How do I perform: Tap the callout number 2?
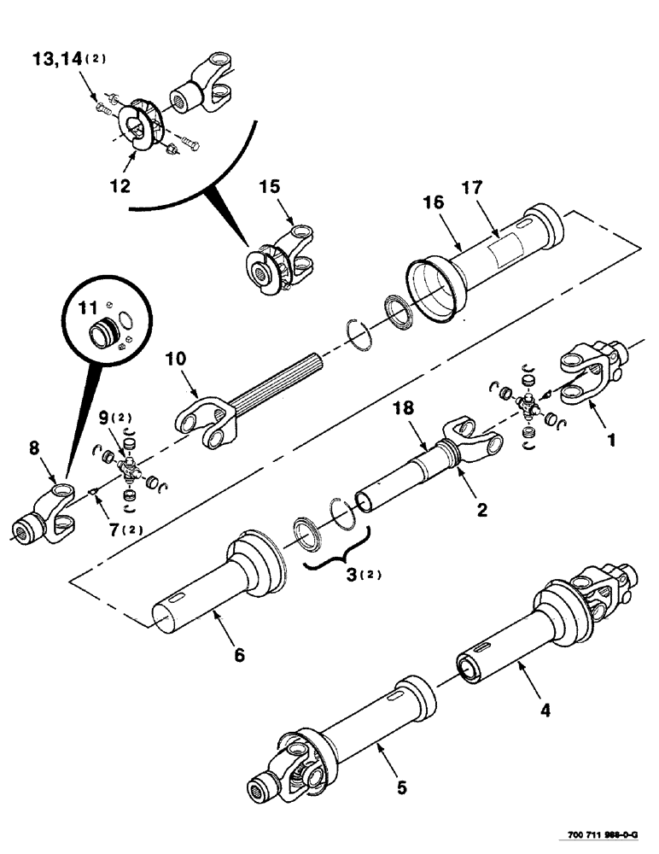(481, 511)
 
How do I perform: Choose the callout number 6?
(239, 655)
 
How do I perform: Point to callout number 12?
(125, 185)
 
